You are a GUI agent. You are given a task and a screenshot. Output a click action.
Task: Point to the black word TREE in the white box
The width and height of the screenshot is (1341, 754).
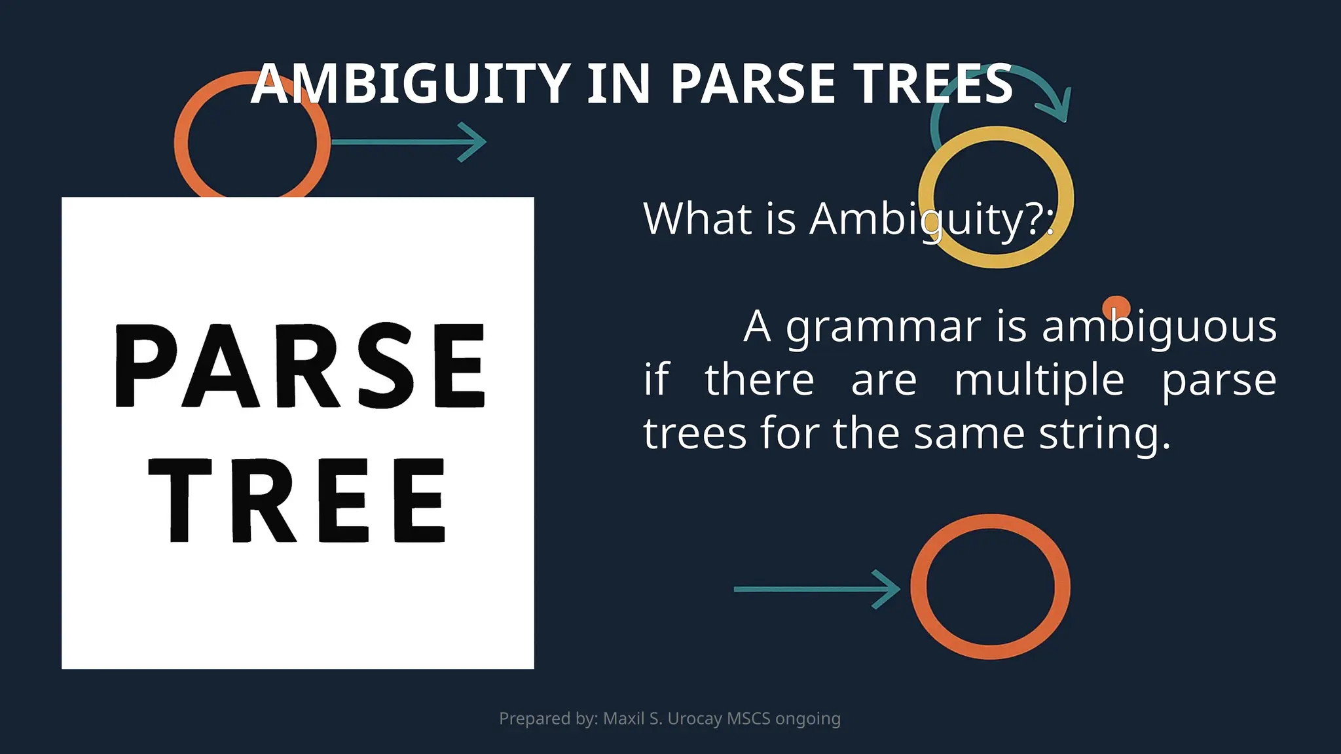[298, 501]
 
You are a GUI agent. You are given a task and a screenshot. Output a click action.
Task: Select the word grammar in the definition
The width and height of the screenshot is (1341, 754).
[883, 327]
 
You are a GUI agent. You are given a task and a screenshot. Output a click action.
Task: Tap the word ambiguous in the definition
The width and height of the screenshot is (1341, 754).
[1159, 327]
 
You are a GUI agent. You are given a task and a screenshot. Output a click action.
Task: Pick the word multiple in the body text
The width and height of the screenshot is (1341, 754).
[1039, 380]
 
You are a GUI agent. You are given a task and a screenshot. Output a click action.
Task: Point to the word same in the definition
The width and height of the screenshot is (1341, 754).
[969, 434]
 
